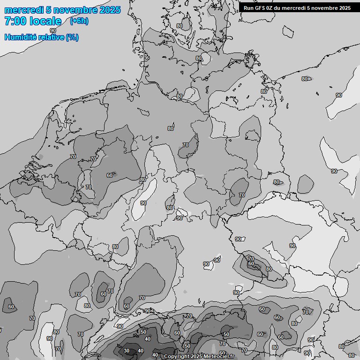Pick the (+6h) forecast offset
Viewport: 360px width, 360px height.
(x=79, y=21)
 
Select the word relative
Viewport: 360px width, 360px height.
(x=52, y=37)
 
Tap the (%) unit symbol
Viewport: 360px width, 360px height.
(x=72, y=37)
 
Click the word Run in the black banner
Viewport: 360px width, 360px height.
(x=249, y=8)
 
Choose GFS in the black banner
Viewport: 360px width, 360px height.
(x=261, y=8)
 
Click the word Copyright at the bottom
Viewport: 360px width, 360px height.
(x=177, y=357)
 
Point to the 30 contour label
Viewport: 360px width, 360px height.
(x=127, y=351)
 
